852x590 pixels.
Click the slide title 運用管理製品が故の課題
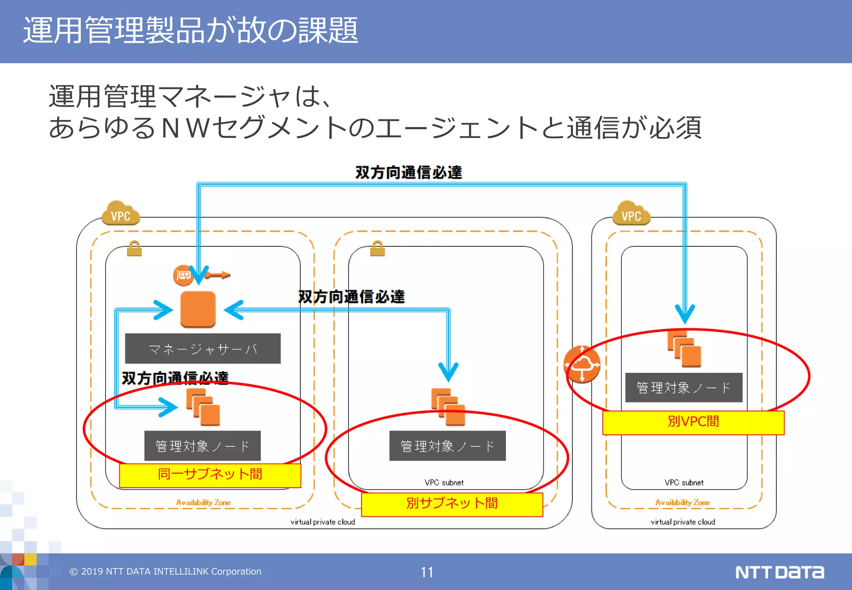click(191, 30)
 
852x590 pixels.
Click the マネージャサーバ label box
click(203, 348)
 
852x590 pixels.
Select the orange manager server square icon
click(198, 309)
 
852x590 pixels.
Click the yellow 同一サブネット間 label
click(210, 475)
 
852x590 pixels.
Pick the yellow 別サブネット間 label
click(452, 504)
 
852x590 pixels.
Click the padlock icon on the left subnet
click(134, 248)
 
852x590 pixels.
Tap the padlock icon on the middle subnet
click(377, 248)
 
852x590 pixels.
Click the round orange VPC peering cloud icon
click(582, 364)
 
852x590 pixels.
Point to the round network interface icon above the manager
click(183, 275)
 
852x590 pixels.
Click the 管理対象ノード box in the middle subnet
click(447, 446)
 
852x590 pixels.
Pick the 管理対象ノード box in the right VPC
click(684, 387)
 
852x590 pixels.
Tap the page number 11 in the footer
click(427, 572)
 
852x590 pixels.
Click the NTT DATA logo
click(779, 572)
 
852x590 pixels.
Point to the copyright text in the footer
click(165, 572)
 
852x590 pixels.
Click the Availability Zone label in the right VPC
click(682, 503)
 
